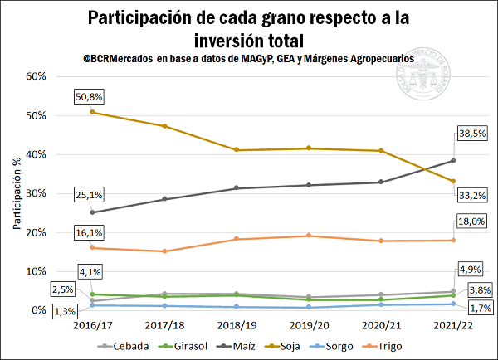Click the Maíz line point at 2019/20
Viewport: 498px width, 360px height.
[309, 185]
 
